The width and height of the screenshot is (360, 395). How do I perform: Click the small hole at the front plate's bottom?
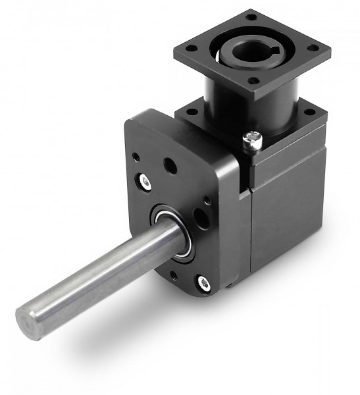pos(174,276)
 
